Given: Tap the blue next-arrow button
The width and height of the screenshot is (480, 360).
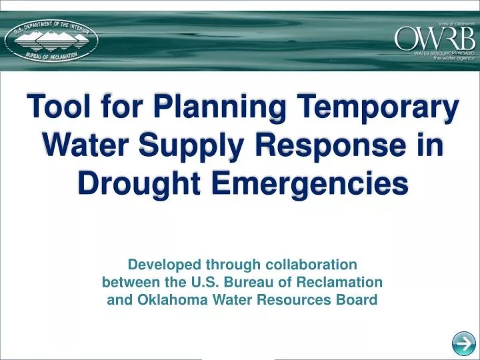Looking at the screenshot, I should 463,344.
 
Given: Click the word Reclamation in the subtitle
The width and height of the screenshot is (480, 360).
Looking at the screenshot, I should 341,281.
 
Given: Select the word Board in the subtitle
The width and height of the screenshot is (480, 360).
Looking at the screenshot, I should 359,299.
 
